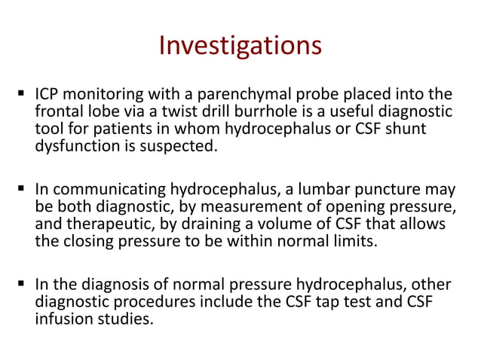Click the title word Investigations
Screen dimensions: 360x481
(240, 47)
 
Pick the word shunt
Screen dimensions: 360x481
(406, 129)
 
